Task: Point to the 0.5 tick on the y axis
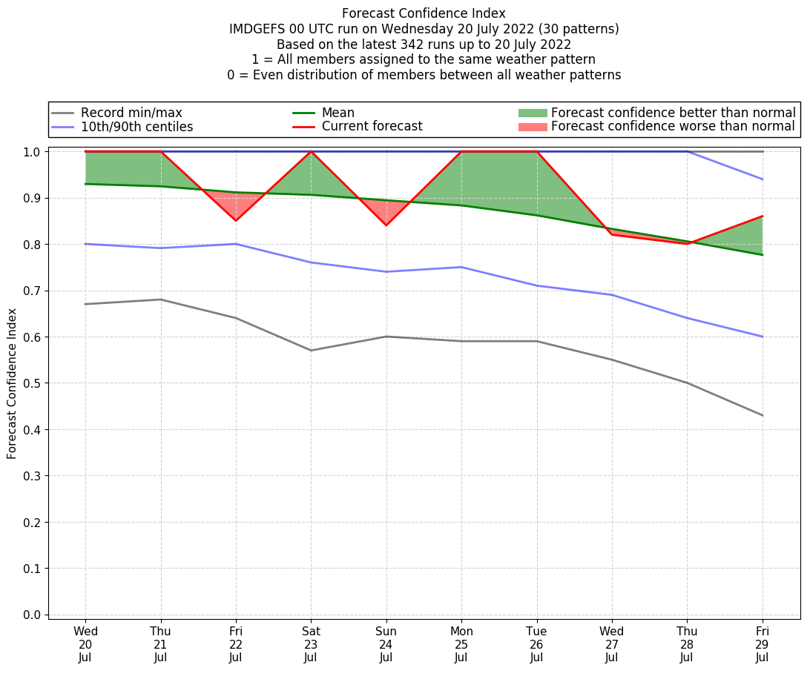pyautogui.click(x=33, y=383)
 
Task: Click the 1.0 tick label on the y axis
pyautogui.click(x=33, y=152)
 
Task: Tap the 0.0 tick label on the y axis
pyautogui.click(x=33, y=615)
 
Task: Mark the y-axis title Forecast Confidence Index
pyautogui.click(x=12, y=383)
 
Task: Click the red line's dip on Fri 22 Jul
pyautogui.click(x=236, y=221)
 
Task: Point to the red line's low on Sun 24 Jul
pyautogui.click(x=386, y=225)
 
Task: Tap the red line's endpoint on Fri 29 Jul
pyautogui.click(x=762, y=216)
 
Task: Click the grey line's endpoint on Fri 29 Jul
pyautogui.click(x=762, y=415)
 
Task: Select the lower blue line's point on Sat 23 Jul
pyautogui.click(x=311, y=262)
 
